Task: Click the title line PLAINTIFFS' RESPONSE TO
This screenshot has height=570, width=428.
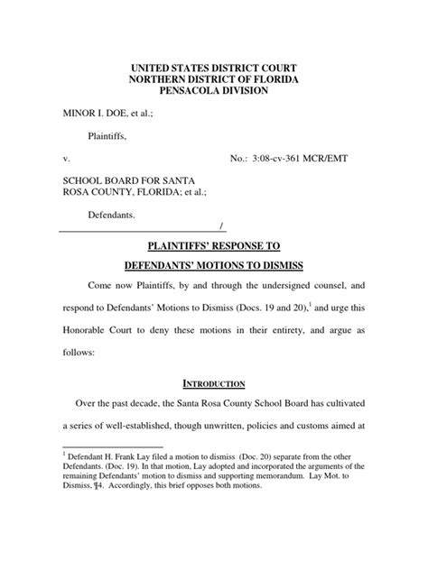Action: [x=214, y=244]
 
